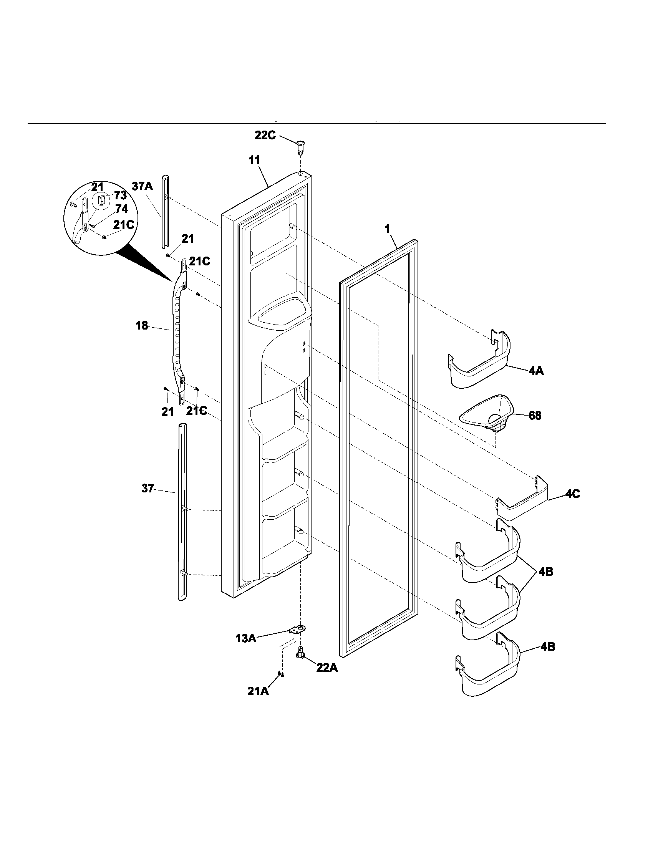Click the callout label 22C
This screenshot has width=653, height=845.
tap(265, 136)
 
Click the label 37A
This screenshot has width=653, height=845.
tap(143, 187)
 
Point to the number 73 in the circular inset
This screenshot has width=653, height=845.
tap(120, 196)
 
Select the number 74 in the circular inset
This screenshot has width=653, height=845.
tap(121, 209)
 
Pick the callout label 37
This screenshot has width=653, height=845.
tap(148, 489)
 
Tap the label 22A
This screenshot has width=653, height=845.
tap(327, 668)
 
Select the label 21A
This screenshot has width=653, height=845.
tap(258, 691)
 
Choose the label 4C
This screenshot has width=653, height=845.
tap(573, 494)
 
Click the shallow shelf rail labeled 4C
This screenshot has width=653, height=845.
tap(522, 503)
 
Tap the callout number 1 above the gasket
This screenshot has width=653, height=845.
tap(387, 229)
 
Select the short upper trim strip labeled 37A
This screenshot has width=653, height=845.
tap(165, 217)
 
